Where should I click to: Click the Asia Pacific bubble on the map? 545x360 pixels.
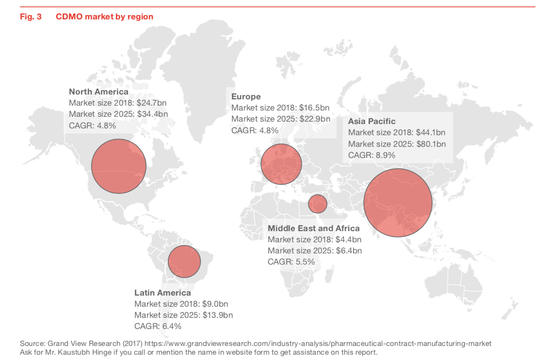coord(398,203)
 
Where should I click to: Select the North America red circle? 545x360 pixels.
coord(119,166)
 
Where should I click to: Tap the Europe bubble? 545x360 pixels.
coord(281,164)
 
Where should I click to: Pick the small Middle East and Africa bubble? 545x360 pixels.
coord(318,203)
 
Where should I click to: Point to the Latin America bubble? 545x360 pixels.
coord(184,261)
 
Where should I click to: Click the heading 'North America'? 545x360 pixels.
coord(98,92)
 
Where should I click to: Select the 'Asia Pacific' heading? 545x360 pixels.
coord(371,121)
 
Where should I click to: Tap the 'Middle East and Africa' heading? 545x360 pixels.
coord(314,228)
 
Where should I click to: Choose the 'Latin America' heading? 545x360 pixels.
coord(162,293)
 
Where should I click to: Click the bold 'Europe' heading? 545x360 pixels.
coord(246,96)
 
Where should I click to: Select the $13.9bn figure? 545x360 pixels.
coord(217,315)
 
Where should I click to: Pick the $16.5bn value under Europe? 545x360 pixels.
coord(313,108)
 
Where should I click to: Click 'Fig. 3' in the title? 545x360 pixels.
coord(31,16)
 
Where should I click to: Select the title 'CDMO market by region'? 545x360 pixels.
coord(104,16)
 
